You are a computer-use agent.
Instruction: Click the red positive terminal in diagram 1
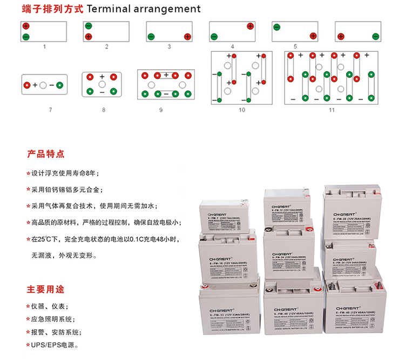[26, 26]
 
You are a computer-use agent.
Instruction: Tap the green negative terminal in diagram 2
[89, 26]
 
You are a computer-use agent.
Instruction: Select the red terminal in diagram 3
[187, 36]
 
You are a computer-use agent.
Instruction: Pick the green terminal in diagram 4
[214, 36]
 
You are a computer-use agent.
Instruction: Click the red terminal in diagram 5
[312, 36]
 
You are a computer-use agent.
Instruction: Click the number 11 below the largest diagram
[332, 110]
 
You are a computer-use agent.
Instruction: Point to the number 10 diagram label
[241, 110]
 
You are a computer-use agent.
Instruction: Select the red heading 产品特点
[46, 154]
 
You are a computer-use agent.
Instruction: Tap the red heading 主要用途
[46, 288]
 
